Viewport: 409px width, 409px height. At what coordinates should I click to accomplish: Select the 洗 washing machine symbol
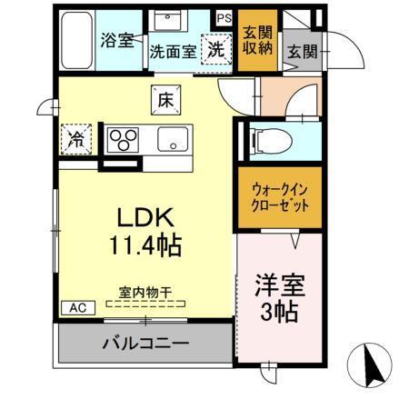218,49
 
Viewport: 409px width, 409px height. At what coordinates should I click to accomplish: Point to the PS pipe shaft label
224,16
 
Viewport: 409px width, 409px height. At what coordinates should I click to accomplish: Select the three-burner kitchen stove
123,139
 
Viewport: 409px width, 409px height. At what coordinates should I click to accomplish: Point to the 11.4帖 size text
146,244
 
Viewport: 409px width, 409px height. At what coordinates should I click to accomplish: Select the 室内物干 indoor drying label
145,293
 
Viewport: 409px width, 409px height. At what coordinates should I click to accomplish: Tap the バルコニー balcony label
145,344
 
